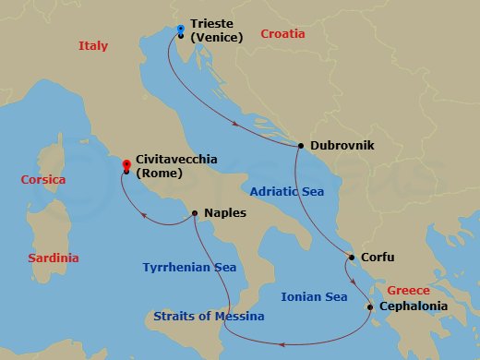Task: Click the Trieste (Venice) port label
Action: point(216,30)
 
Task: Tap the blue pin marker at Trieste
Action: point(180,30)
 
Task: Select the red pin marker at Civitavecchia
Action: point(126,165)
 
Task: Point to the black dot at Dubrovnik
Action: point(301,146)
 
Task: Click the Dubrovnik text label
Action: point(342,146)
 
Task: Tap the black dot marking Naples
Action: point(195,213)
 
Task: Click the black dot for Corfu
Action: point(352,258)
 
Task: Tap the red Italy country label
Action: point(93,45)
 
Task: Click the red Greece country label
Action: point(409,288)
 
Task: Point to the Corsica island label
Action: point(43,179)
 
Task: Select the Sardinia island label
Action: point(53,258)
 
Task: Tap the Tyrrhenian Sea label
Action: point(189,268)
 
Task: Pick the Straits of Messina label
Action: point(209,317)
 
